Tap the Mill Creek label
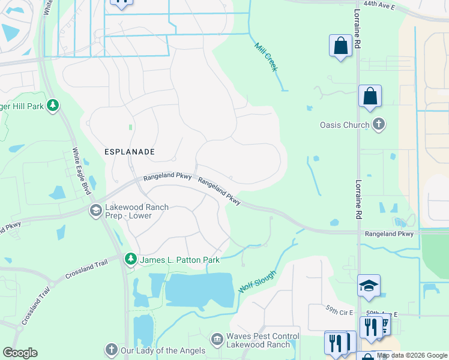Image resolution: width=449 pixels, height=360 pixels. click(x=266, y=57)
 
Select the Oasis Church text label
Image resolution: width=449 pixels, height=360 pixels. click(x=344, y=125)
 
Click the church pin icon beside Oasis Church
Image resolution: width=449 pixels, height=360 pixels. click(x=378, y=125)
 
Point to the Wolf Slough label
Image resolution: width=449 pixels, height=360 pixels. click(x=258, y=281)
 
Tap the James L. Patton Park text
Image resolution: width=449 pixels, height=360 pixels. click(x=179, y=260)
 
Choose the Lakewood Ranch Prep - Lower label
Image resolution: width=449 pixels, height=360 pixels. click(x=137, y=212)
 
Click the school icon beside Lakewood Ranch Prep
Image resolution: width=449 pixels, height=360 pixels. click(x=95, y=211)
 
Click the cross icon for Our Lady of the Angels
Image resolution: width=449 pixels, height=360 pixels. click(x=111, y=349)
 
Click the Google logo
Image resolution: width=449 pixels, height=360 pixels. click(x=20, y=353)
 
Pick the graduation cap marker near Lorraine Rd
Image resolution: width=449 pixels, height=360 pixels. click(x=369, y=286)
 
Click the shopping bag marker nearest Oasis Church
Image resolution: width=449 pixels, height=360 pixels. click(x=370, y=96)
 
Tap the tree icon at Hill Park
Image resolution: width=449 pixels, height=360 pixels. click(x=53, y=106)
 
